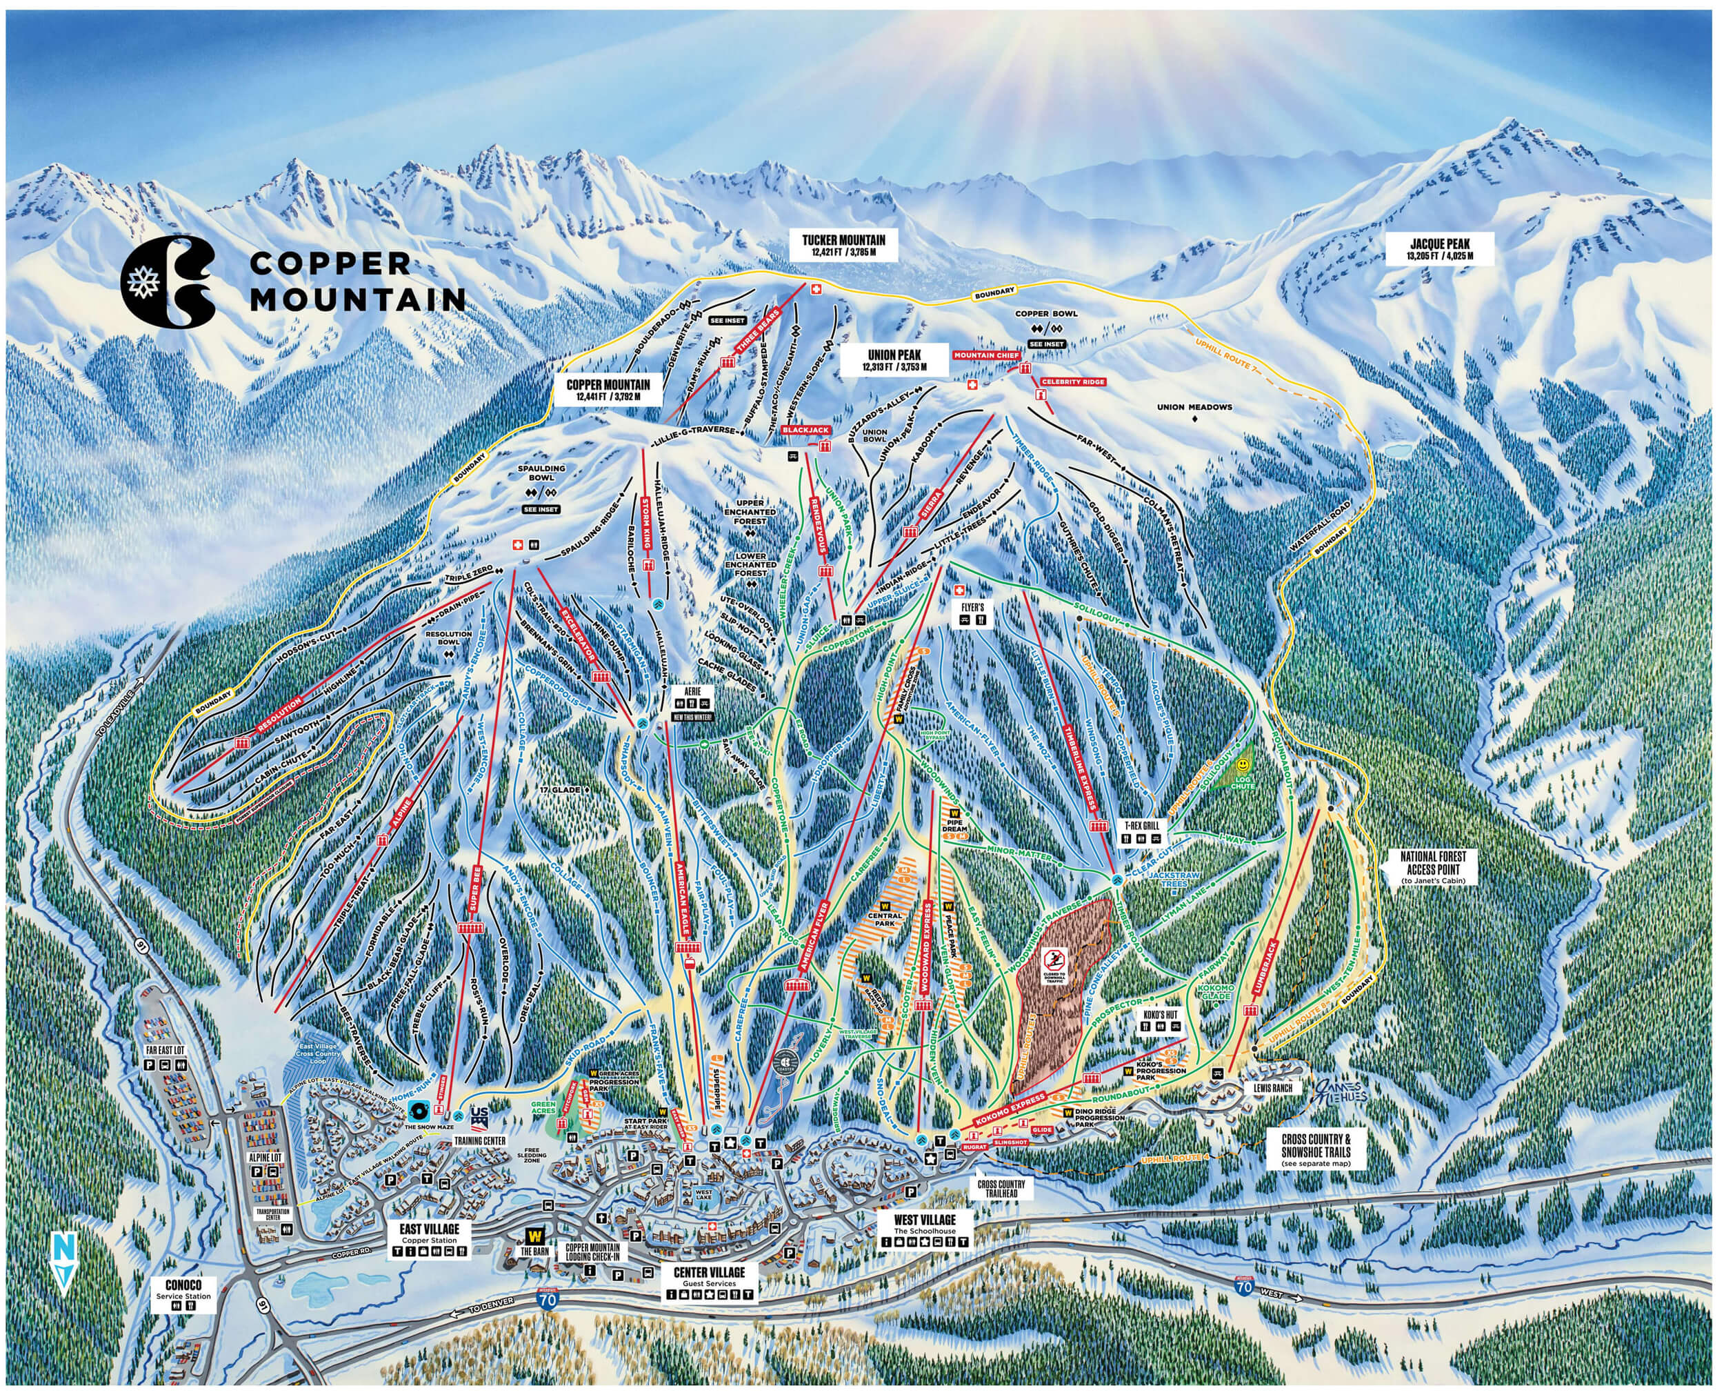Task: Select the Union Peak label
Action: tap(894, 359)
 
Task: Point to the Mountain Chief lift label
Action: tap(986, 355)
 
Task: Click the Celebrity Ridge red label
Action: tap(1072, 382)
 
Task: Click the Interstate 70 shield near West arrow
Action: tap(1243, 1287)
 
